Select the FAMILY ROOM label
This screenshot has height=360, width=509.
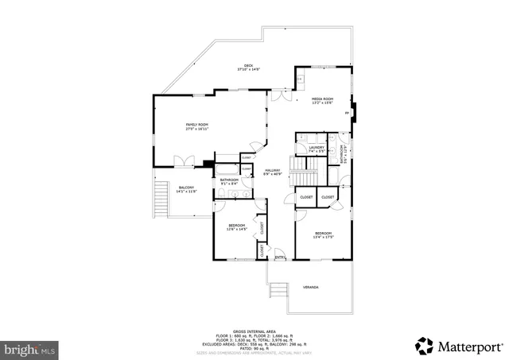pyautogui.click(x=196, y=126)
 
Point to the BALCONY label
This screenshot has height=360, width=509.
pyautogui.click(x=185, y=189)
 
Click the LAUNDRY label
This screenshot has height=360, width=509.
pyautogui.click(x=316, y=148)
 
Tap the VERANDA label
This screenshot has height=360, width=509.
pyautogui.click(x=310, y=287)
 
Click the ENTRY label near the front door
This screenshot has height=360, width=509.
pyautogui.click(x=280, y=257)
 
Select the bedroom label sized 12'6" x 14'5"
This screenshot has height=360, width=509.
pyautogui.click(x=237, y=226)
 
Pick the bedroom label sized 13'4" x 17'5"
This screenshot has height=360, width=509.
pyautogui.click(x=322, y=234)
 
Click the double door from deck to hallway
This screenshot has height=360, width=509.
pyautogui.click(x=276, y=97)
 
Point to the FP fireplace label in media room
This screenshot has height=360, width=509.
pyautogui.click(x=346, y=113)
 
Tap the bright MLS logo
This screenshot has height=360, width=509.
pyautogui.click(x=30, y=348)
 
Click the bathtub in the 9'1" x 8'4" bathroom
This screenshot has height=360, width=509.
pyautogui.click(x=227, y=170)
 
